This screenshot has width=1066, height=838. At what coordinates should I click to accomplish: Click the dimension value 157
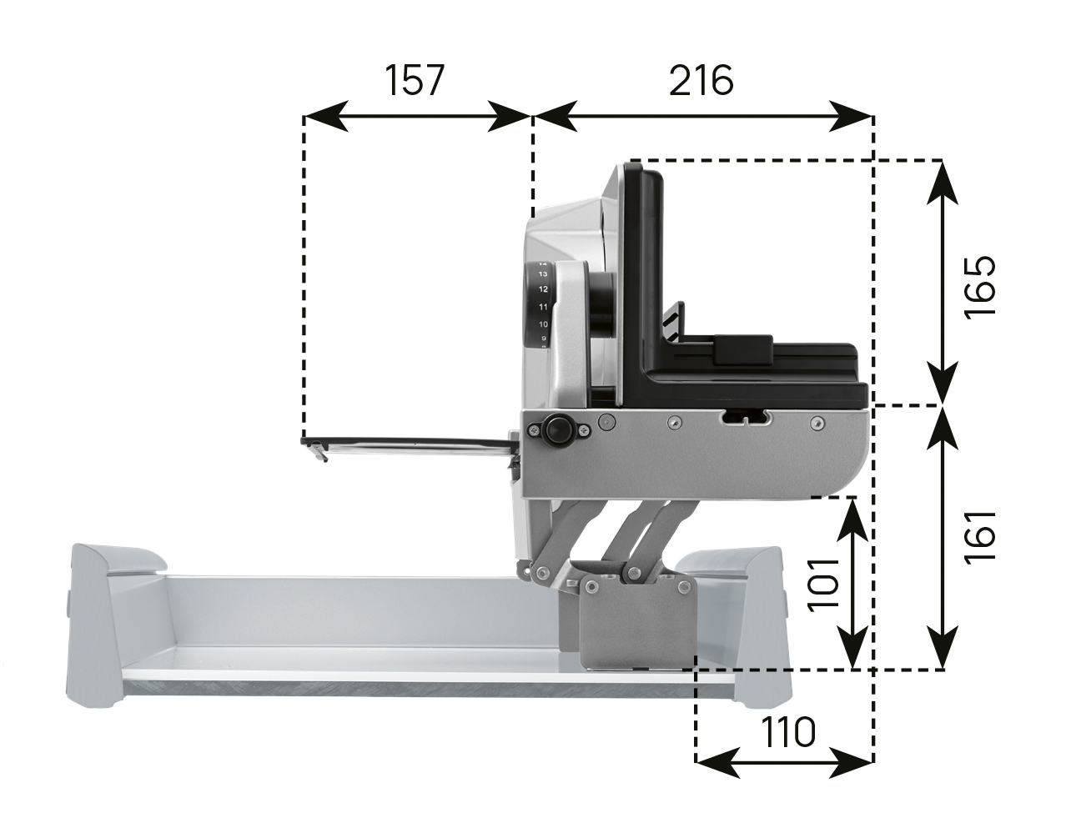[x=414, y=80]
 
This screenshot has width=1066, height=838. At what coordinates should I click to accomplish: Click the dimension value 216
[x=701, y=80]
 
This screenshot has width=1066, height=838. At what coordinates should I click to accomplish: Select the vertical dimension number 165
[x=980, y=288]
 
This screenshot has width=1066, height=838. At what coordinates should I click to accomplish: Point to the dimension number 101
[x=823, y=584]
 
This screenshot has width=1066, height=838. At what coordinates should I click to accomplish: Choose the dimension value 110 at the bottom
[x=787, y=732]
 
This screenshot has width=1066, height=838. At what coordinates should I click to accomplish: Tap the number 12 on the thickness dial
[x=543, y=289]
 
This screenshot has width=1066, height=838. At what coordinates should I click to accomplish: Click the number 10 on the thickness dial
[x=543, y=324]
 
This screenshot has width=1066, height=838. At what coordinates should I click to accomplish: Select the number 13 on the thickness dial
[x=543, y=273]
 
